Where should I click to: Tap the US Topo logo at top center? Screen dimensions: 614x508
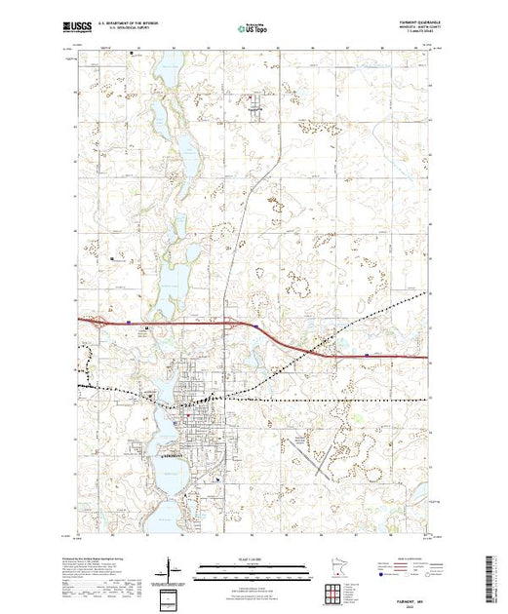(x=254, y=29)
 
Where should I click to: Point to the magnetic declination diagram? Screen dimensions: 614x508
(x=170, y=569)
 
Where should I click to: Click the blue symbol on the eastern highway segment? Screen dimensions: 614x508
(x=365, y=356)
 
